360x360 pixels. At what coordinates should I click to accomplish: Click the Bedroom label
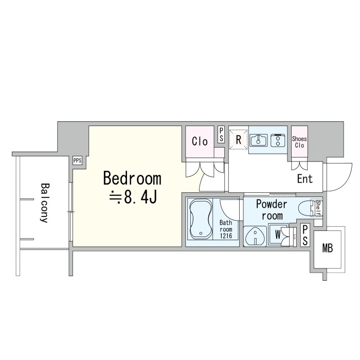pos(132,178)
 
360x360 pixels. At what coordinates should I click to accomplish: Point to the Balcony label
pos(45,203)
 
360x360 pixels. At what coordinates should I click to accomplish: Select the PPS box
pos(78,160)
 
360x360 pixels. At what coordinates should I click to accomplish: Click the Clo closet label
pos(200,141)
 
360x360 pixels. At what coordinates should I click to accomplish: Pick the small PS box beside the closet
pos(221,135)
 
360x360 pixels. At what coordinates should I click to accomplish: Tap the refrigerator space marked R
pos(239,139)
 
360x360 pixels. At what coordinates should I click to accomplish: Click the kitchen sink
pos(259,140)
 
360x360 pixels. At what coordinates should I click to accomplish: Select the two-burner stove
pos(278,140)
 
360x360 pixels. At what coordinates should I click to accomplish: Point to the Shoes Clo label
pos(299,142)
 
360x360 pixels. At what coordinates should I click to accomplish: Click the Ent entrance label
pos(305,178)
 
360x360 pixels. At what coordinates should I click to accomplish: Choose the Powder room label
pos(272,210)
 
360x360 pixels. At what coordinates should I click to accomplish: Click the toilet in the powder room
pos(307,208)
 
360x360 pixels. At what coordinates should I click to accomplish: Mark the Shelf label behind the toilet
pos(318,208)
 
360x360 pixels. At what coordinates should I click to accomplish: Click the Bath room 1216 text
pos(226,229)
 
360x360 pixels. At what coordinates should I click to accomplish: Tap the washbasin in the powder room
pos(255,236)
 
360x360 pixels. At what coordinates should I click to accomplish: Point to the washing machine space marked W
pos(278,235)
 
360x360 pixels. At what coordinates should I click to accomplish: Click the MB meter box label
pos(328,248)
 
